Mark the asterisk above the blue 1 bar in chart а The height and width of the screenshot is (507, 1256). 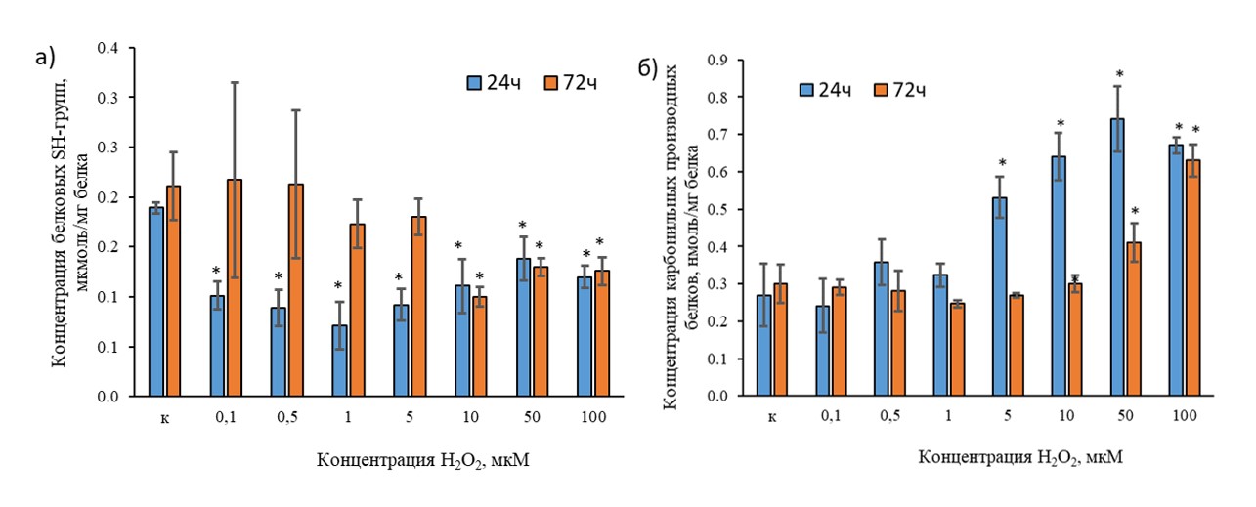pyautogui.click(x=338, y=286)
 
